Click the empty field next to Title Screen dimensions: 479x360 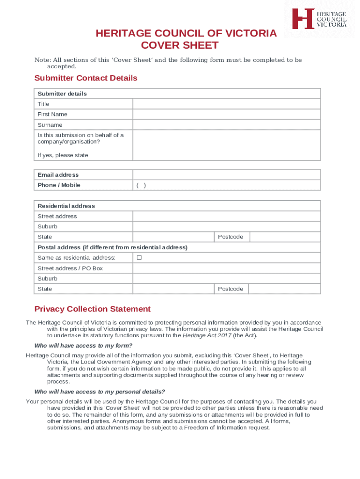(x=226, y=104)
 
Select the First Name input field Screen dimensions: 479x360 (x=226, y=114)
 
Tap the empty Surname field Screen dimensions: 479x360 (x=226, y=125)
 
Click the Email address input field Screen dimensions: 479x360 (x=226, y=175)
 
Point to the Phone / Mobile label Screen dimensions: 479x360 (x=59, y=185)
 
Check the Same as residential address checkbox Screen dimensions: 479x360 (x=139, y=258)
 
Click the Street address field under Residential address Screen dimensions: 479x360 (x=226, y=216)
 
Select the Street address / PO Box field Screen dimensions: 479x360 (x=226, y=268)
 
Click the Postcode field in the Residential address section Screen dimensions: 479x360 (x=285, y=237)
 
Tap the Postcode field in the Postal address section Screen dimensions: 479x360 (x=285, y=289)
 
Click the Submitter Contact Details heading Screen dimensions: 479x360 (x=86, y=78)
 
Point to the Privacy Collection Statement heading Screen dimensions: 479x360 (x=93, y=309)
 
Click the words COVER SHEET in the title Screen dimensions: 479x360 (x=180, y=45)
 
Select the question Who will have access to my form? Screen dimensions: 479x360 (x=83, y=346)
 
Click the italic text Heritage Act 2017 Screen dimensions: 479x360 (x=207, y=335)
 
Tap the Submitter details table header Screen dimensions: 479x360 (x=62, y=94)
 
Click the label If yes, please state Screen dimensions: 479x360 (x=63, y=155)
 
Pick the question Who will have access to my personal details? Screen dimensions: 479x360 (x=100, y=392)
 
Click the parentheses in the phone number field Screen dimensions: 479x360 (x=141, y=185)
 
